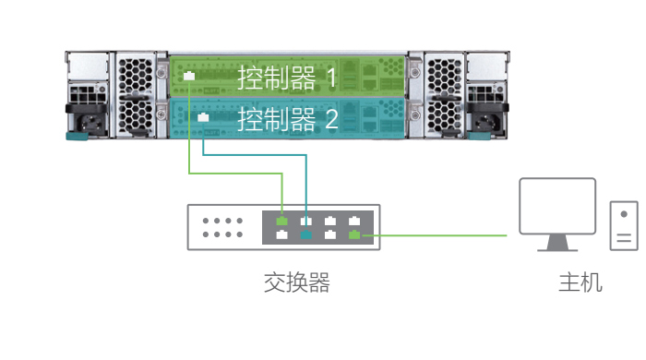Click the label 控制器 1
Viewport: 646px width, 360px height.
(x=287, y=77)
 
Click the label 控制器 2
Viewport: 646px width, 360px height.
(x=287, y=119)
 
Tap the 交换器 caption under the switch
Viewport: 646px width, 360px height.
(x=296, y=282)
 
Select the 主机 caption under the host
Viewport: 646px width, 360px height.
(x=580, y=282)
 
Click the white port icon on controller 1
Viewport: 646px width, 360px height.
(x=188, y=76)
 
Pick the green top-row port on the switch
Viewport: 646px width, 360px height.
(x=282, y=221)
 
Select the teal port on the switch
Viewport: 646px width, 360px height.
(x=306, y=234)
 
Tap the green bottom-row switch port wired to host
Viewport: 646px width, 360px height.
(x=354, y=234)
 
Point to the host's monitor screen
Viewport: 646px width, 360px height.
(x=557, y=205)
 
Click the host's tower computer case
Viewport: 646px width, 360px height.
(x=624, y=224)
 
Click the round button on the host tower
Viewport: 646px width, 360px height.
(x=624, y=214)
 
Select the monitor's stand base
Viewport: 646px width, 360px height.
(x=557, y=247)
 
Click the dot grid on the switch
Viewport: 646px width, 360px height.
(x=222, y=228)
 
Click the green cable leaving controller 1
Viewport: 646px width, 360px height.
(x=189, y=138)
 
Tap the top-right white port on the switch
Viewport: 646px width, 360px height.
(x=354, y=221)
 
